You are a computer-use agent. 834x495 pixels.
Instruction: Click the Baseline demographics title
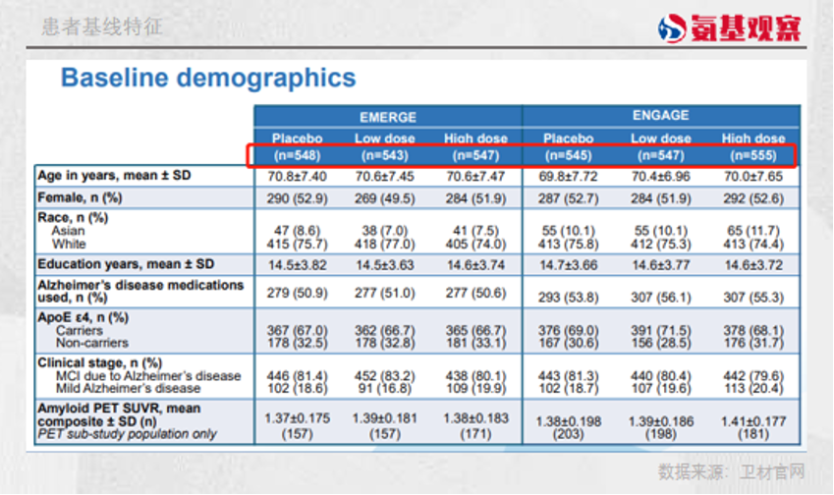tap(208, 79)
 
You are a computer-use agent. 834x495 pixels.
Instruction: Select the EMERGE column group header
tap(387, 117)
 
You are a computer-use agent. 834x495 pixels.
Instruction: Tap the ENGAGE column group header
tap(661, 116)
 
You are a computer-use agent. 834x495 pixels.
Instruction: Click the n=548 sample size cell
tap(297, 155)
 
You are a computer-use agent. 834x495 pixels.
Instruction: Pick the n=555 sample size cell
tap(753, 155)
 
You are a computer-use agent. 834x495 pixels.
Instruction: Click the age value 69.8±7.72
tap(568, 177)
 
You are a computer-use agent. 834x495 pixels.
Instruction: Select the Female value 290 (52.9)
tap(297, 199)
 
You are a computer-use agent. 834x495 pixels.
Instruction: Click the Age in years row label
tap(113, 177)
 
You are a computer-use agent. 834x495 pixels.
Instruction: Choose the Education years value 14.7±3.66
tap(568, 264)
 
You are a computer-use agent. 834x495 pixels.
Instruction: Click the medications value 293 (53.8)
tap(568, 296)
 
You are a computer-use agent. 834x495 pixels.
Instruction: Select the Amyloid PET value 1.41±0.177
tap(753, 417)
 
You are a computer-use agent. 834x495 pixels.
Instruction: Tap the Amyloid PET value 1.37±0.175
tap(297, 417)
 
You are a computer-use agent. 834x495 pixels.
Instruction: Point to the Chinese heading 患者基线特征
tap(102, 27)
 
